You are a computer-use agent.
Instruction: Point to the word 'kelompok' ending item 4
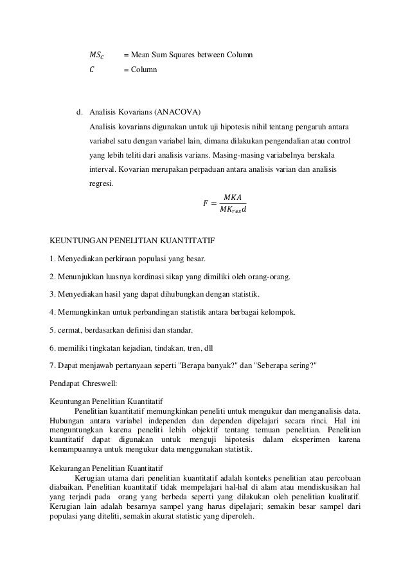point(279,313)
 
